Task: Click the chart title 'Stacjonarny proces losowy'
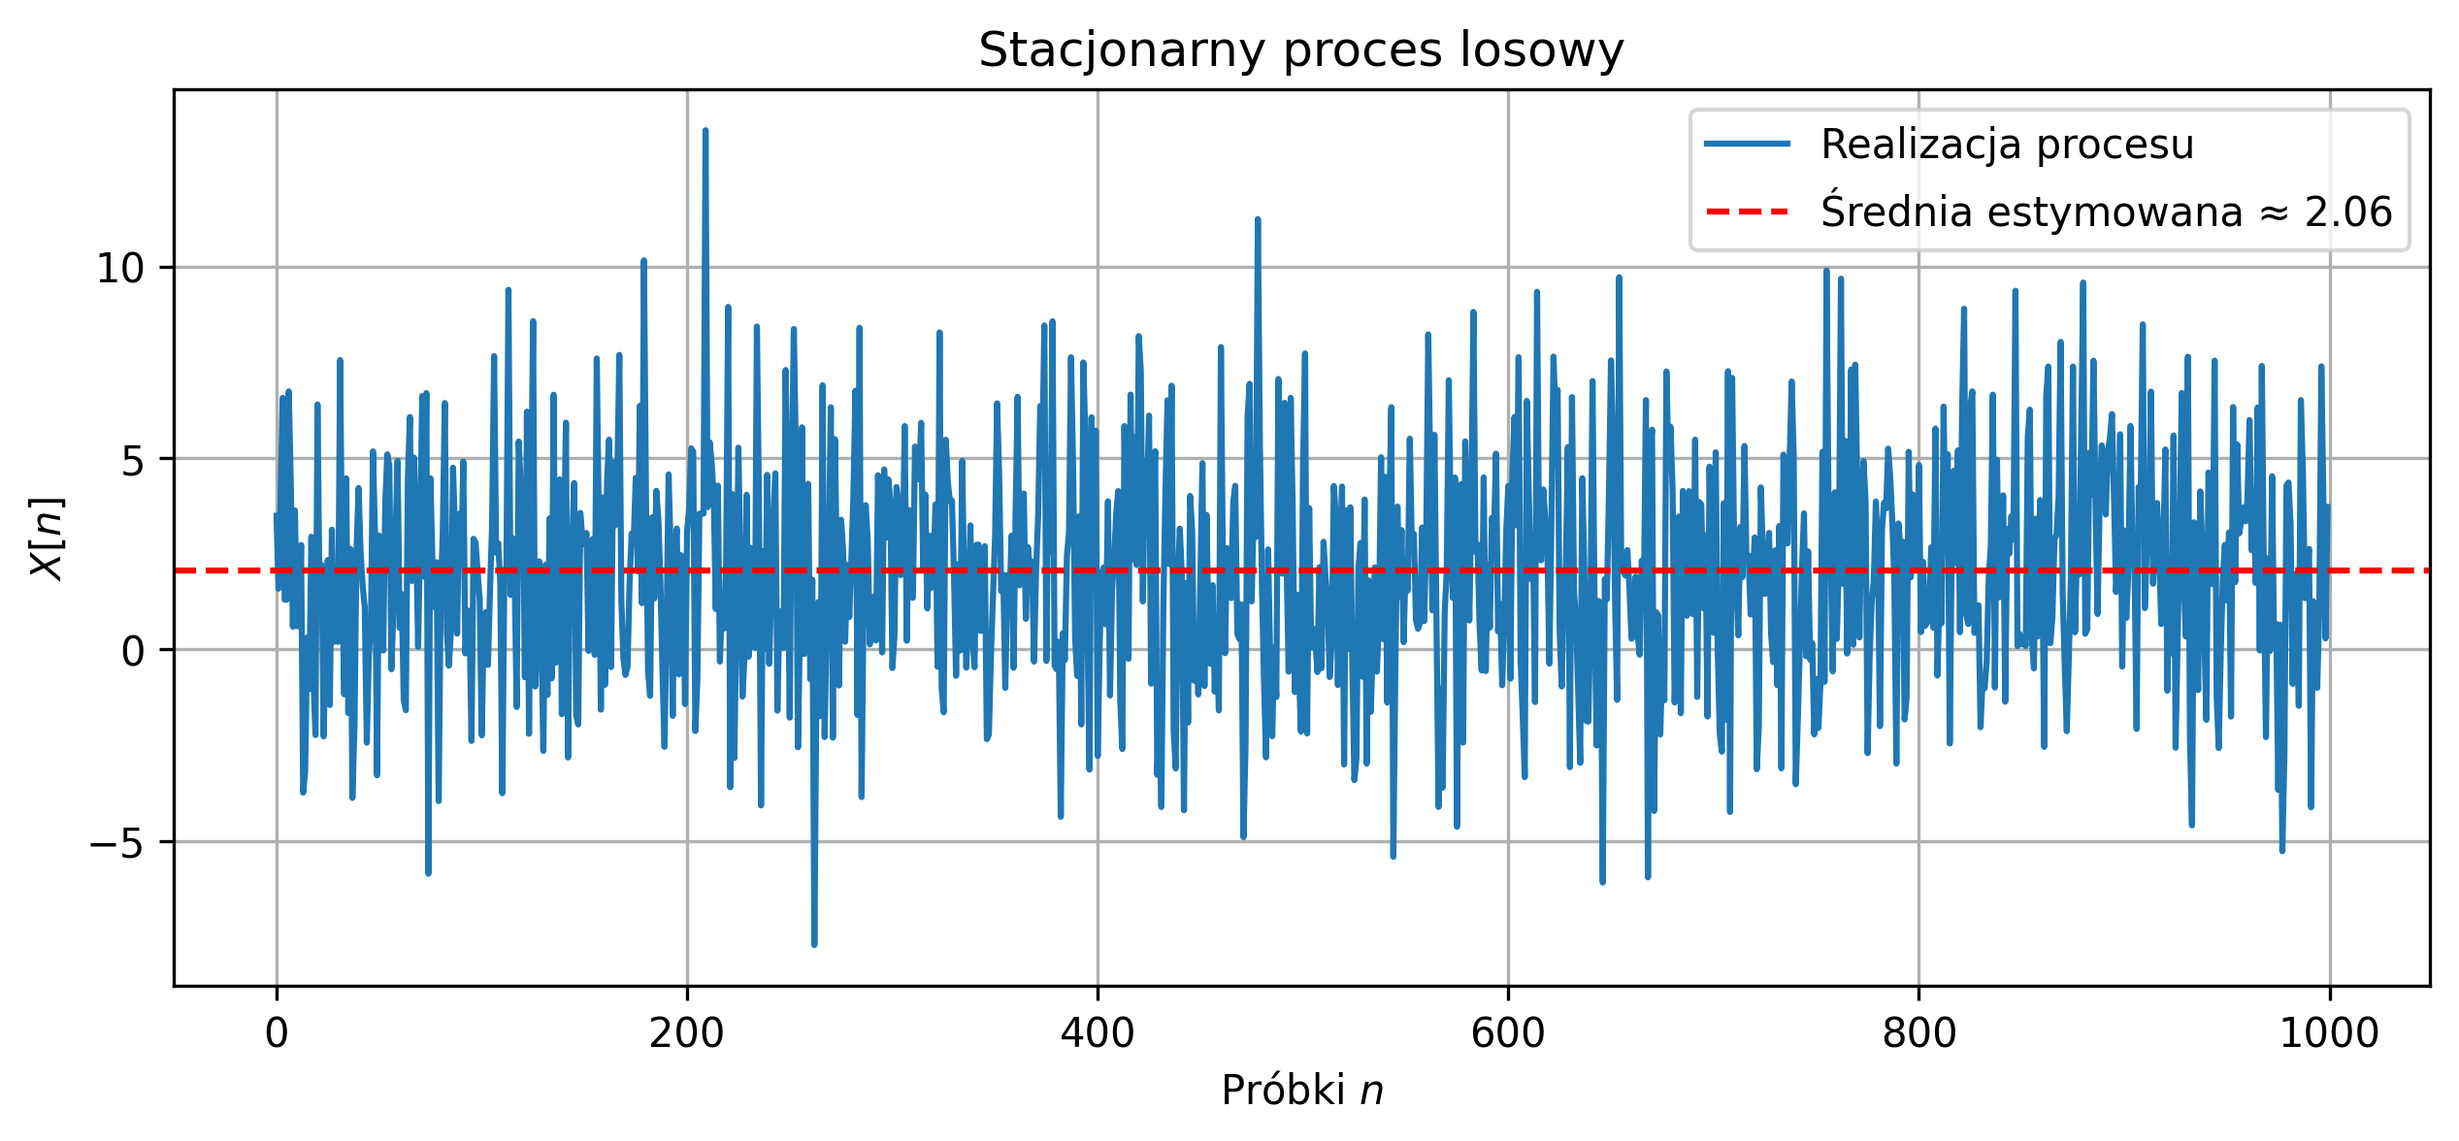click(1300, 50)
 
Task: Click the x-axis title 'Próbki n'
click(1301, 1091)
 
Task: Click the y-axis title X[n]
click(47, 538)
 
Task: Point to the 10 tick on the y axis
click(133, 269)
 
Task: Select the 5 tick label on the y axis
click(146, 460)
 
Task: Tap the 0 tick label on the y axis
click(146, 651)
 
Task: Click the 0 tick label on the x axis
click(277, 1033)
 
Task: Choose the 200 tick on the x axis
click(687, 1033)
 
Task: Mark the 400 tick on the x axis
click(1098, 1033)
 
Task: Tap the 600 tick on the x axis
click(1508, 1033)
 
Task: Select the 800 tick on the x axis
click(1918, 1033)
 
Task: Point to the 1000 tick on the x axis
click(2329, 1033)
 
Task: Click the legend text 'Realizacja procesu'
click(2007, 145)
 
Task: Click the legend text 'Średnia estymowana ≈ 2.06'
click(2106, 212)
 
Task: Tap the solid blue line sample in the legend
click(1747, 145)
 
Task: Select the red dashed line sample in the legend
click(1747, 212)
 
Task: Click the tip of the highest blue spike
click(705, 130)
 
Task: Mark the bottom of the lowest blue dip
click(814, 944)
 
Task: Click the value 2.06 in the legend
click(2348, 212)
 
